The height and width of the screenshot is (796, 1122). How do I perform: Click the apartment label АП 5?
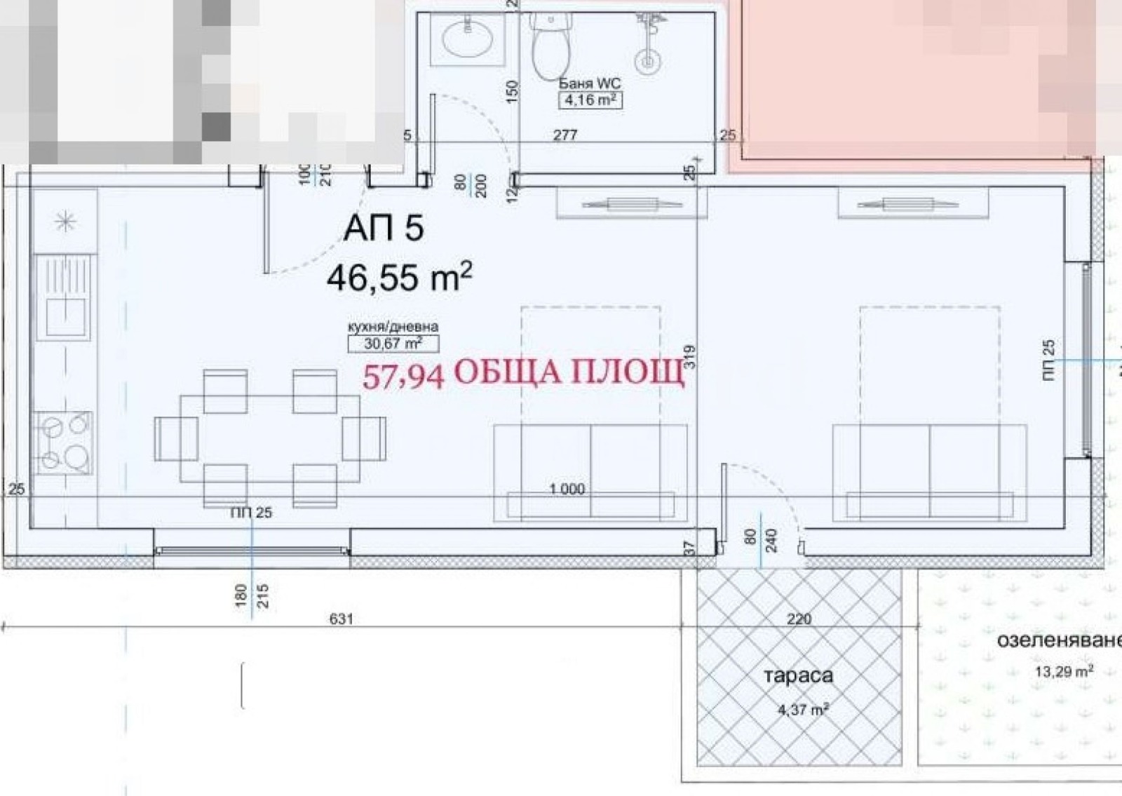[x=384, y=229]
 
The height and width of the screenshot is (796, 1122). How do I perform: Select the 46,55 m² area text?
[x=398, y=277]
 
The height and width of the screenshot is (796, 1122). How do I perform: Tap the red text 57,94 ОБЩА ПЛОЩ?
[x=522, y=372]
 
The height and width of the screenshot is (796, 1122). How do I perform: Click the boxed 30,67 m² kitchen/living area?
[x=393, y=344]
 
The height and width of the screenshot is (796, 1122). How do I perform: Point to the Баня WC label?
[x=590, y=83]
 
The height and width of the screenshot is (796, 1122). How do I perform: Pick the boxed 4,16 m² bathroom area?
[x=590, y=100]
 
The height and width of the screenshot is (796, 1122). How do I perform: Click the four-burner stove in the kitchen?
[x=63, y=443]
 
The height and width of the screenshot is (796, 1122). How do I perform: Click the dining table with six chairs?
[x=270, y=438]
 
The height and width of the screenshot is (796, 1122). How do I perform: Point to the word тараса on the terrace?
[x=799, y=676]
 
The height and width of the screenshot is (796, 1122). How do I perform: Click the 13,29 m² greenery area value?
[x=1064, y=671]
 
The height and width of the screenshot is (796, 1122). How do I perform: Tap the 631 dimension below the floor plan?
[x=342, y=619]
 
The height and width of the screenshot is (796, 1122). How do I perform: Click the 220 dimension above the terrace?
[x=799, y=619]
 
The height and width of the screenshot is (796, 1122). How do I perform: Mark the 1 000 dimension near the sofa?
[x=567, y=489]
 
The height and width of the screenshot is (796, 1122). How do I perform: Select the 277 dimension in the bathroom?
[x=565, y=135]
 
